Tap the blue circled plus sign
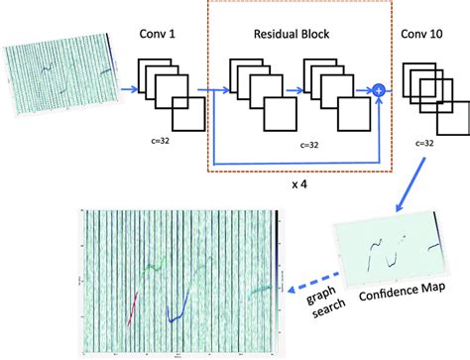(378, 91)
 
